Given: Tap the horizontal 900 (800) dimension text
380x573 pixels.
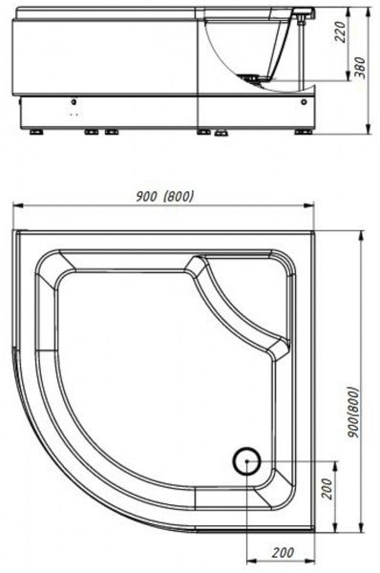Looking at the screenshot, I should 164,197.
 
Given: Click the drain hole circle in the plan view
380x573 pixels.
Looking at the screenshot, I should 247,461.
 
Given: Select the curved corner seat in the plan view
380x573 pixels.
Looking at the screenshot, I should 239,305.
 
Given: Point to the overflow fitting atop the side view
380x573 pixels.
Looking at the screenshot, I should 303,12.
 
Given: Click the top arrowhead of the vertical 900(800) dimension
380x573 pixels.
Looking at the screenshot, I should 360,233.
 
